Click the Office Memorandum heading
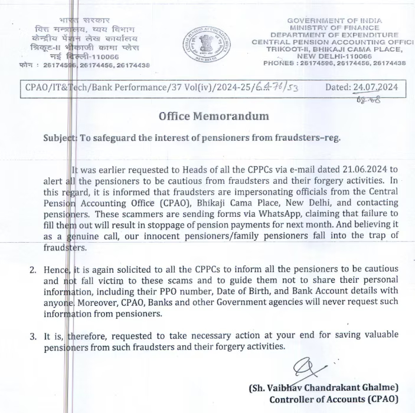click(214, 116)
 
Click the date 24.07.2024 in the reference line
click(375, 87)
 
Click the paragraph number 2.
click(33, 269)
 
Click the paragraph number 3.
click(33, 336)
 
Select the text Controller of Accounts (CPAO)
click(334, 399)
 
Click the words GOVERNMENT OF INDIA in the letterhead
click(334, 21)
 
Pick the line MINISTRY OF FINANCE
click(334, 28)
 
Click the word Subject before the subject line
click(60, 138)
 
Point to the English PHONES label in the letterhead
click(280, 63)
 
